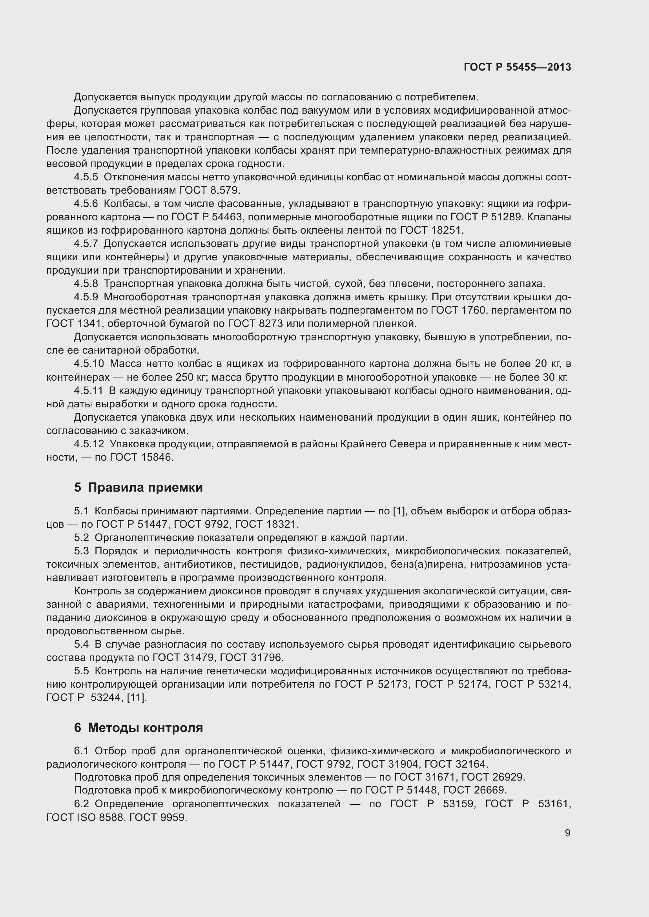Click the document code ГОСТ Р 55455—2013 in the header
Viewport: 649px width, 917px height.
517,67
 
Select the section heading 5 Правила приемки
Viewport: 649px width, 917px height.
138,487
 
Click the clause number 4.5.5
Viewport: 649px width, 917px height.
86,177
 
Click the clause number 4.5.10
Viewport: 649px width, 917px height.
89,363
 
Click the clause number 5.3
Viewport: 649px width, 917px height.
81,551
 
